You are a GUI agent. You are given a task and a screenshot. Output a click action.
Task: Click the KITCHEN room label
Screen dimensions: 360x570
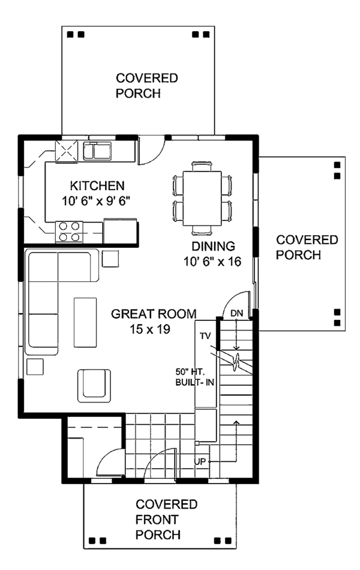(x=97, y=186)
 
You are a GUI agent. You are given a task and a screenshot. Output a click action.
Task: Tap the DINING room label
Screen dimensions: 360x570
(x=213, y=247)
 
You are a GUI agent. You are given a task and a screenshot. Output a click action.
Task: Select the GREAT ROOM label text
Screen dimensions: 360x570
(x=154, y=314)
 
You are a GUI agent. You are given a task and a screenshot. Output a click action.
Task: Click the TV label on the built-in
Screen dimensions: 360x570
(x=205, y=336)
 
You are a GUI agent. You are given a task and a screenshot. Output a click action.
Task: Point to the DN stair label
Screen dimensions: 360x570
(x=237, y=313)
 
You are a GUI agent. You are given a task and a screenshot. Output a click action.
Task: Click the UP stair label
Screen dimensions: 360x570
(x=200, y=461)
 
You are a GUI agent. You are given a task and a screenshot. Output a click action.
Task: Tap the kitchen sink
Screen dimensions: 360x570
(x=97, y=151)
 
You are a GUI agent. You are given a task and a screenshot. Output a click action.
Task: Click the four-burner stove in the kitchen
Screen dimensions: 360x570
(x=69, y=232)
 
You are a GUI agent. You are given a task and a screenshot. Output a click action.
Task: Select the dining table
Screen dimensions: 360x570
(x=202, y=198)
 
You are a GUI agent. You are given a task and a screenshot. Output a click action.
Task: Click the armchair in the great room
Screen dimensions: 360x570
(x=94, y=386)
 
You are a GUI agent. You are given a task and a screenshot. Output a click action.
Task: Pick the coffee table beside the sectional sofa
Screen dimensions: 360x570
(x=85, y=322)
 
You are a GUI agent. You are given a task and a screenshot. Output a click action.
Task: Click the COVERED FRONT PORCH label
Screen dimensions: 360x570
(x=166, y=520)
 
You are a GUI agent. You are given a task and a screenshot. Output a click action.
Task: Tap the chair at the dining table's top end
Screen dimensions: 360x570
(x=202, y=166)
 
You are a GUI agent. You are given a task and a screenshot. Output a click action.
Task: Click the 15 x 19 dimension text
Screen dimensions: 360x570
(x=150, y=329)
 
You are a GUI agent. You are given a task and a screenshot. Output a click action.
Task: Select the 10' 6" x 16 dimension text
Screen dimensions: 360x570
(x=212, y=262)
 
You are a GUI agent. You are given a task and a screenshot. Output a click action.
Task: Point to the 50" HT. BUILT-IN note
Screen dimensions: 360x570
(x=195, y=377)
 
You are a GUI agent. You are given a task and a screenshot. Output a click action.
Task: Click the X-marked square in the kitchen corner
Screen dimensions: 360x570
(x=66, y=151)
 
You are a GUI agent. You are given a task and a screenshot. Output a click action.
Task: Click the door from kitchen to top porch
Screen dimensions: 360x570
(x=152, y=151)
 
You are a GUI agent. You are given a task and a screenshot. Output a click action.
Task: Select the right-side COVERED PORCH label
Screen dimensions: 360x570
(x=307, y=247)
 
